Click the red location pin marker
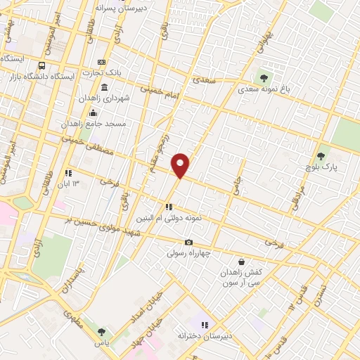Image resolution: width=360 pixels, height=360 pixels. pos(181,165)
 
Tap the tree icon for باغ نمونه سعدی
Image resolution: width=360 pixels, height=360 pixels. pos(264,78)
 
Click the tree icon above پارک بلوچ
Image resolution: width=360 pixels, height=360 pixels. pos(321,156)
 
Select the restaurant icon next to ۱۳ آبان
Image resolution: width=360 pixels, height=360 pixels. pos(68,172)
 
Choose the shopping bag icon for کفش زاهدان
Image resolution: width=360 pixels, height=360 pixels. pos(241,262)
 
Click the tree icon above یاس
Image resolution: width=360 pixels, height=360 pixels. pos(102,332)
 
